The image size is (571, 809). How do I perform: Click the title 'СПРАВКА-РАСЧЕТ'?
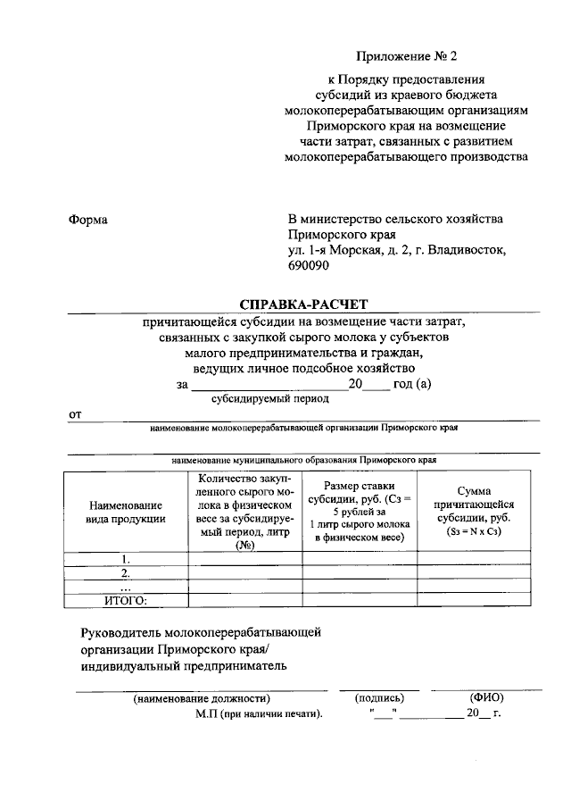pyautogui.click(x=303, y=304)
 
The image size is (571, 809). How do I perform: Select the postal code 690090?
pyautogui.click(x=308, y=267)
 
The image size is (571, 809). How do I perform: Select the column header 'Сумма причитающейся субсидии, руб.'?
pyautogui.click(x=474, y=512)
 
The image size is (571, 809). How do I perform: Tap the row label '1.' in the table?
pyautogui.click(x=126, y=559)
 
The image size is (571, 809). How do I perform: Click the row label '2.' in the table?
pyautogui.click(x=126, y=572)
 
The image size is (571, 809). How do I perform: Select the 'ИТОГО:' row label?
pyautogui.click(x=126, y=600)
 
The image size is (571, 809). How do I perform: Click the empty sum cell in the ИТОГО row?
pyautogui.click(x=474, y=600)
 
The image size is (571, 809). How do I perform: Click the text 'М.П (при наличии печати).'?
pyautogui.click(x=259, y=714)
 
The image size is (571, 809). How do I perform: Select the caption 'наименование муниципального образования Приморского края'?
pyautogui.click(x=303, y=459)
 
